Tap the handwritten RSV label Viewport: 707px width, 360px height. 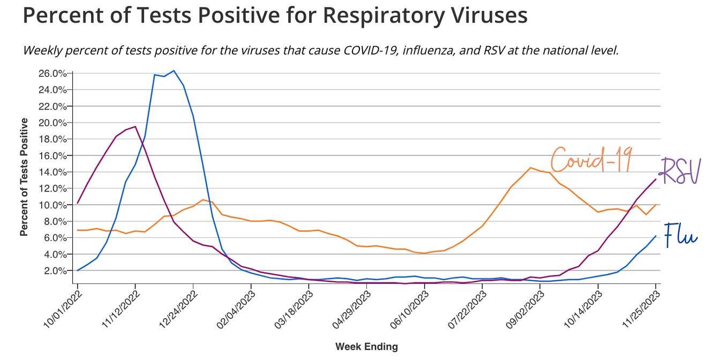pos(679,171)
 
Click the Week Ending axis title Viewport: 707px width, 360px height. pos(366,347)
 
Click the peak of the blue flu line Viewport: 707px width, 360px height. pos(174,71)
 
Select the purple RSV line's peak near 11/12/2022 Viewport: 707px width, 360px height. pos(135,126)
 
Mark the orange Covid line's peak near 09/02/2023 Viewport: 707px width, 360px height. pos(530,168)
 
